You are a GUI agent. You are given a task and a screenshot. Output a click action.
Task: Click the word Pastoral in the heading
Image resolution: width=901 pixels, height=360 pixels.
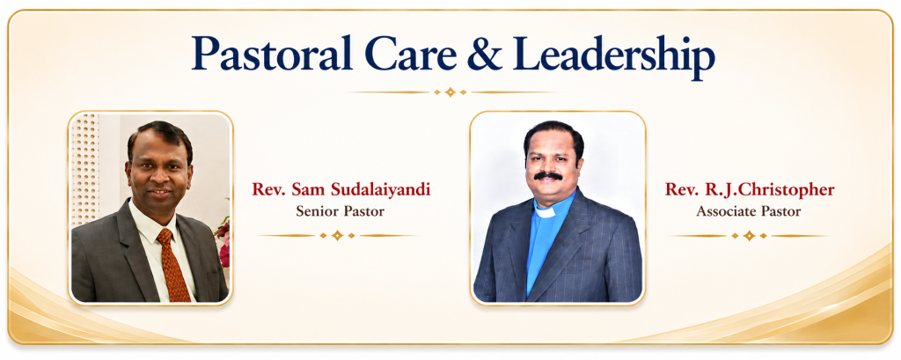coord(273,54)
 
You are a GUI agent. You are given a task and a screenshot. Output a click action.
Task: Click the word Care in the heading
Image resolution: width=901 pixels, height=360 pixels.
coord(410,55)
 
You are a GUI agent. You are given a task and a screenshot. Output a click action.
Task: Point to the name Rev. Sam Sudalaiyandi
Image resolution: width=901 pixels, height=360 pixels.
coord(341,190)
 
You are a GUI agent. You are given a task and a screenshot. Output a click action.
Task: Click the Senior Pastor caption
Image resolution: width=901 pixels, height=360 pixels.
coord(341,211)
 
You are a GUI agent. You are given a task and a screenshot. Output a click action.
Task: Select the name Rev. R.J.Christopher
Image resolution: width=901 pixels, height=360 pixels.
coord(750,190)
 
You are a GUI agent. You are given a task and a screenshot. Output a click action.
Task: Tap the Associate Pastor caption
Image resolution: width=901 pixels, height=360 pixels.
coord(748,211)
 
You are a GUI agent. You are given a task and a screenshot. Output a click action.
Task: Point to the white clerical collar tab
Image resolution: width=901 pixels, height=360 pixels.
coord(545,211)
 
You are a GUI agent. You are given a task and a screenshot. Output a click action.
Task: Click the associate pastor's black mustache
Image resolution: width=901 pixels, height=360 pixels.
coord(548,175)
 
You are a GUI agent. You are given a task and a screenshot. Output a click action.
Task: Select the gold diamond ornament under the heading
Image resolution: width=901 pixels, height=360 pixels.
coord(450,92)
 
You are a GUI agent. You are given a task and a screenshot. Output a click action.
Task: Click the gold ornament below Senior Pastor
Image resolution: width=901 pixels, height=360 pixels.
coord(337,235)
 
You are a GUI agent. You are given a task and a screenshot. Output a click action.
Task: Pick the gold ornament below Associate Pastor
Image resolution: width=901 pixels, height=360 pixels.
coord(749,236)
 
